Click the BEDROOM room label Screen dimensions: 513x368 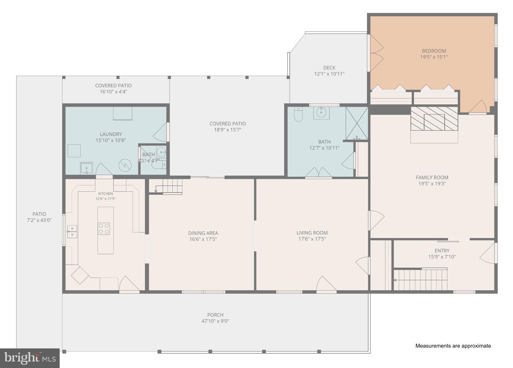(434, 51)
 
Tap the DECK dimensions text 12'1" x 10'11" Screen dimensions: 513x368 (329, 74)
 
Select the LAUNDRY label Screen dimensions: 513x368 (111, 134)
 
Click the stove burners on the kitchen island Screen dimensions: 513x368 (104, 229)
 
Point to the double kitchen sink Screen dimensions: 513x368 (72, 231)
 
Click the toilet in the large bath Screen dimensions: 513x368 (298, 114)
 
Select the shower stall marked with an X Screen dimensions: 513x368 (357, 123)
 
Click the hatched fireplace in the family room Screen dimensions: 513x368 (434, 118)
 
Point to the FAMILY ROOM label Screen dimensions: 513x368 (432, 178)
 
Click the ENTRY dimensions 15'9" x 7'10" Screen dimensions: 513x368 (442, 257)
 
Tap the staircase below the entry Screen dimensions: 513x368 (420, 280)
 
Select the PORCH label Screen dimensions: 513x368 (215, 315)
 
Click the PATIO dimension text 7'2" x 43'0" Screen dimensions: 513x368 (39, 220)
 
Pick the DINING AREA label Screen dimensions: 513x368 (203, 233)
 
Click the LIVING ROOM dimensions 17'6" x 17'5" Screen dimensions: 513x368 (312, 239)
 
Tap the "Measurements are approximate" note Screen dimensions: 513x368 (453, 346)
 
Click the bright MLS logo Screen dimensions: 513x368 (30, 358)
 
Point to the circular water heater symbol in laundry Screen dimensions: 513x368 (125, 165)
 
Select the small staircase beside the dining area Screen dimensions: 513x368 (166, 186)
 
